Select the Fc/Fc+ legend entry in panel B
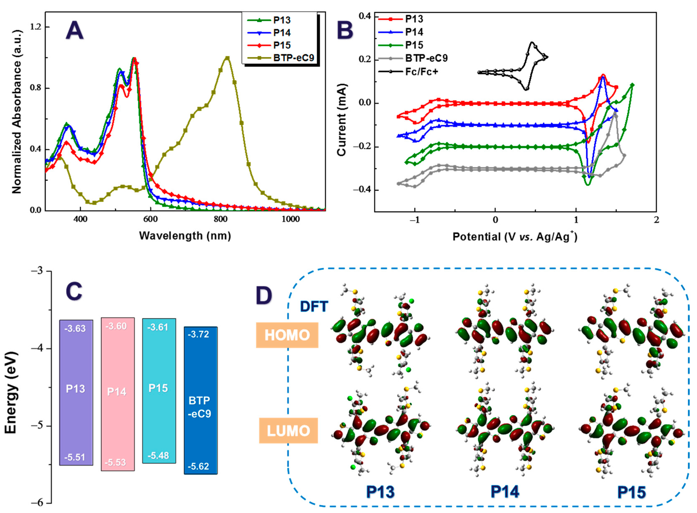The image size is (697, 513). pos(421,72)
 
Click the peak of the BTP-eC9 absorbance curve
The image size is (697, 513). pos(227,58)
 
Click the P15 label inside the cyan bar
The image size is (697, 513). pos(158,388)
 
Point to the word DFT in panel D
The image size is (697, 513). pos(314,307)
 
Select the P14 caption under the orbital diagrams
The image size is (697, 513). pos(505,492)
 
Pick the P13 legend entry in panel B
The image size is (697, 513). pos(414,19)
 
